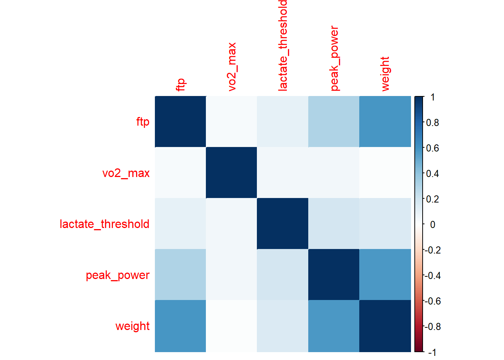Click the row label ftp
pos(142,122)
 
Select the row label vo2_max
pos(126,173)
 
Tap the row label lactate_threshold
pos(105,224)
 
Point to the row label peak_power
pos(117,275)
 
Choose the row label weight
pos(132,326)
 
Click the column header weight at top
pos(385,74)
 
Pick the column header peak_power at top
pos(334,58)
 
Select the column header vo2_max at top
pos(232,67)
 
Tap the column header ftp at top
pos(181,84)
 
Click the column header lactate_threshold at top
pos(283,45)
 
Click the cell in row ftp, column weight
pos(385,121)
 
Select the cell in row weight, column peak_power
pos(334,326)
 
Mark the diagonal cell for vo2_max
pos(231,172)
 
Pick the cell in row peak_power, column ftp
pos(180,274)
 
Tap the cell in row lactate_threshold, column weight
pos(385,223)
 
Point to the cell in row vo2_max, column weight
pos(385,172)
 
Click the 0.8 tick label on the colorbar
pos(432,123)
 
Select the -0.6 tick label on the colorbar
pos(432,301)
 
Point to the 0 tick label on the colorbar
pos(432,225)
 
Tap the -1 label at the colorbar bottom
pos(432,352)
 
